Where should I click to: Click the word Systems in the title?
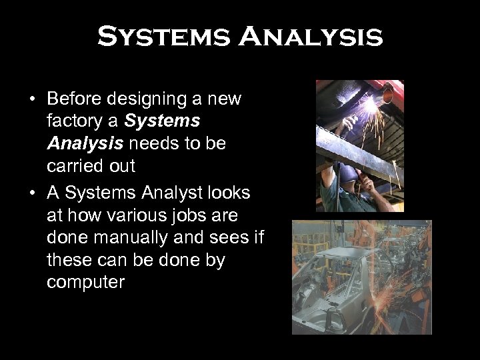[165, 37]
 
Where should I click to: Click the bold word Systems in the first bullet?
[161, 122]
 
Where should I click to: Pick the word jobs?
[203, 214]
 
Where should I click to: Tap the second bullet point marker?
[32, 193]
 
